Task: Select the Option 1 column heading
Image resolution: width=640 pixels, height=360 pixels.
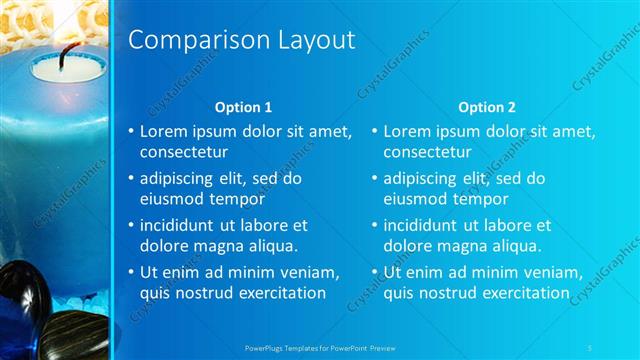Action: (x=244, y=106)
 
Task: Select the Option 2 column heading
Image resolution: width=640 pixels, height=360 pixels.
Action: (x=487, y=106)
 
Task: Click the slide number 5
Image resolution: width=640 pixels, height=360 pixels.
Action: (x=591, y=347)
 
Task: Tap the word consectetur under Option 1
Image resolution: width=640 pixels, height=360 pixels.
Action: (x=183, y=152)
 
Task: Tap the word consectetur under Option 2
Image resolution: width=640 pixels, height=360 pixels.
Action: (x=427, y=152)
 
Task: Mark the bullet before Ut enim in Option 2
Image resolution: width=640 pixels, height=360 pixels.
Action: (x=374, y=272)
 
